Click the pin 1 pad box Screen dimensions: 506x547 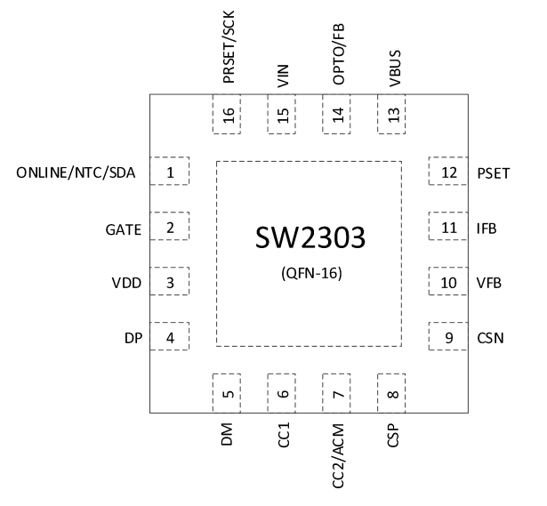170,172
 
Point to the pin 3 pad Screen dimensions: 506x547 170,283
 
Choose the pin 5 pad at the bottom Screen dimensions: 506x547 228,394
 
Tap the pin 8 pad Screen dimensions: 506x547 393,394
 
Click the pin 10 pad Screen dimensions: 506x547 448,283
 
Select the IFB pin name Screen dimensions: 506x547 487,229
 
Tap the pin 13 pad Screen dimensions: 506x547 393,116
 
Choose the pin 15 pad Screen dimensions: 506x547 283,116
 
